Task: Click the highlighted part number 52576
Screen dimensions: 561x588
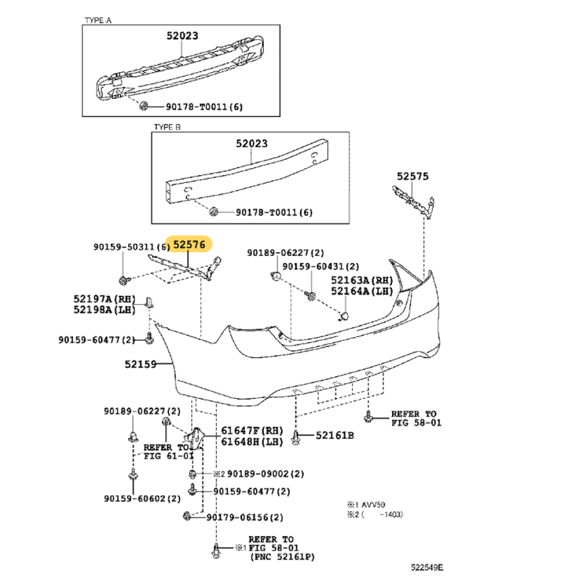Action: click(189, 245)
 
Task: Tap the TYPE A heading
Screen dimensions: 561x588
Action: click(98, 21)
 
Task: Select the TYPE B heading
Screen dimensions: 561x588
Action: click(167, 127)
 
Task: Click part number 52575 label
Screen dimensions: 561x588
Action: click(413, 176)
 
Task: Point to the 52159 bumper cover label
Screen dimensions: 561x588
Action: click(140, 364)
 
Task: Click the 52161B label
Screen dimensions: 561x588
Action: click(335, 435)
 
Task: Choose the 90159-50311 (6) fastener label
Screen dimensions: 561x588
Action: click(132, 247)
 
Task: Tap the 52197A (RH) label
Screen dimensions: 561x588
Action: click(104, 299)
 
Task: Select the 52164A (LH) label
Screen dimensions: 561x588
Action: click(362, 291)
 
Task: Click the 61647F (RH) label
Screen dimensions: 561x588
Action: click(252, 430)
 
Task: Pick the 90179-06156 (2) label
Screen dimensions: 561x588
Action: click(245, 518)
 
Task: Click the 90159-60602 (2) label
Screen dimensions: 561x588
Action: click(142, 499)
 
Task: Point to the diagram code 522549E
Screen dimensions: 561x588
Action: click(426, 567)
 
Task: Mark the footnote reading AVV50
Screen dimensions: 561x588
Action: click(373, 505)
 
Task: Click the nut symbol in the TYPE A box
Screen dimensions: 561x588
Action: click(144, 106)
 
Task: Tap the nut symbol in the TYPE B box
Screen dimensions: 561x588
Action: click(214, 212)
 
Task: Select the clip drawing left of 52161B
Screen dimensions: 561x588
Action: click(295, 437)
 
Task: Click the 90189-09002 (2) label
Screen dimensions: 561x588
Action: click(266, 474)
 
